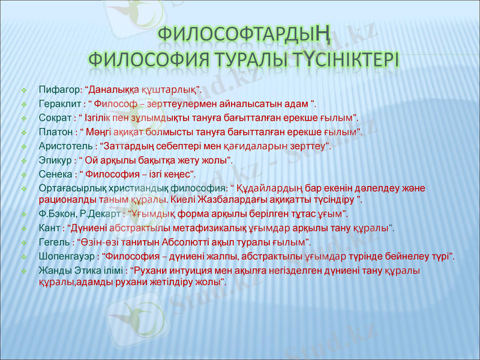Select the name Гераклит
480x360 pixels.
[58, 103]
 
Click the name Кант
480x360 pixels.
[49, 228]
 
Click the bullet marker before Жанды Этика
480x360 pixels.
[24, 271]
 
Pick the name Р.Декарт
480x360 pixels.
[101, 214]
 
